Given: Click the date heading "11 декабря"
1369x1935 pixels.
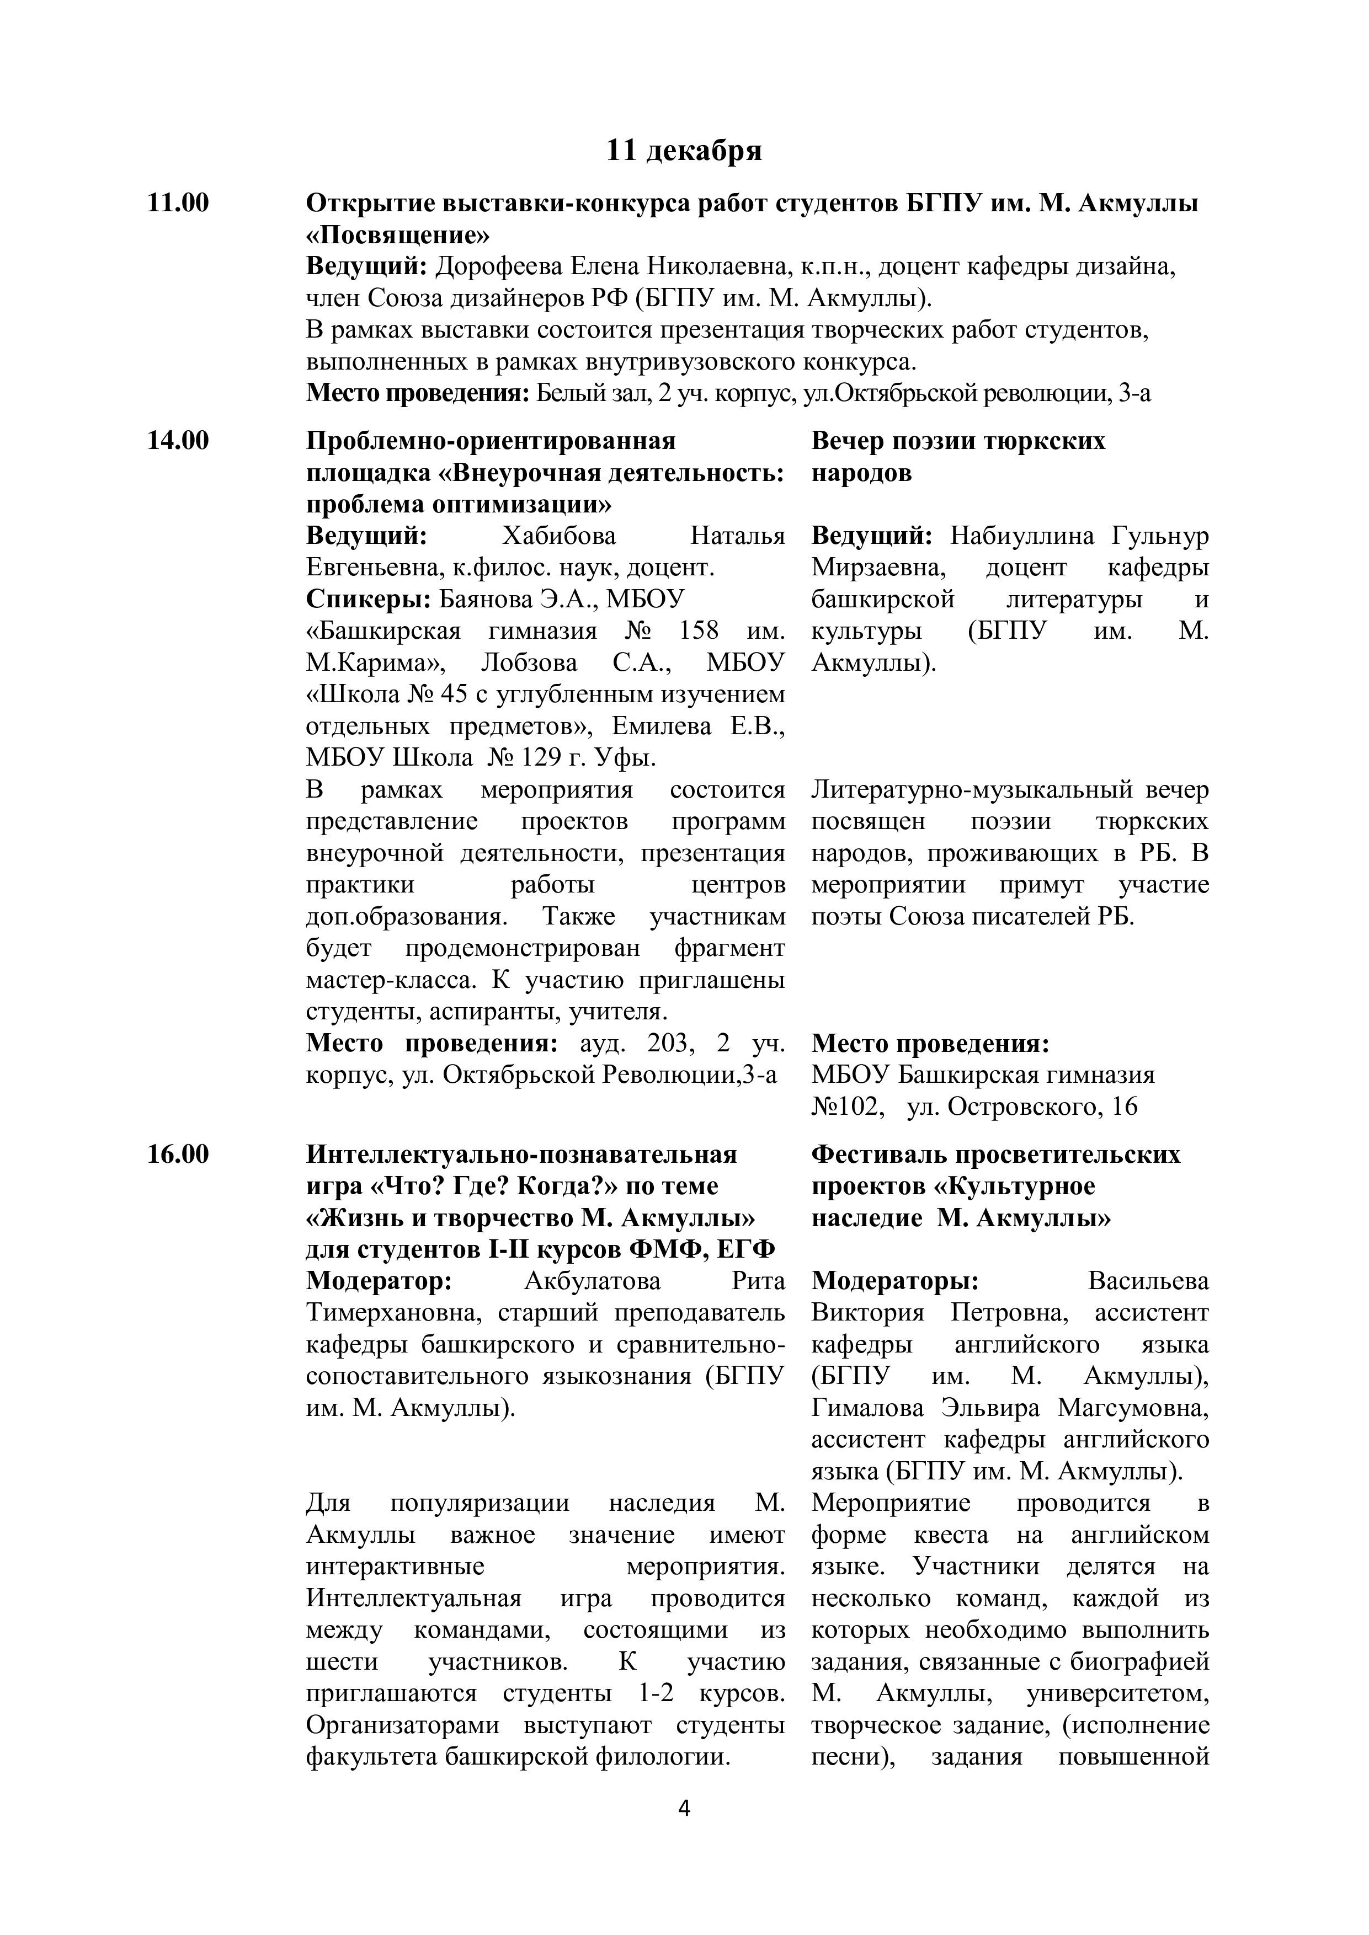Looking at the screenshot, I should pyautogui.click(x=684, y=151).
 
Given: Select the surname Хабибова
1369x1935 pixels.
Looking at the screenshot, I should pyautogui.click(x=559, y=536).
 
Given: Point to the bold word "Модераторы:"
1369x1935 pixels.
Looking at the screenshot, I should pyautogui.click(x=895, y=1281).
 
